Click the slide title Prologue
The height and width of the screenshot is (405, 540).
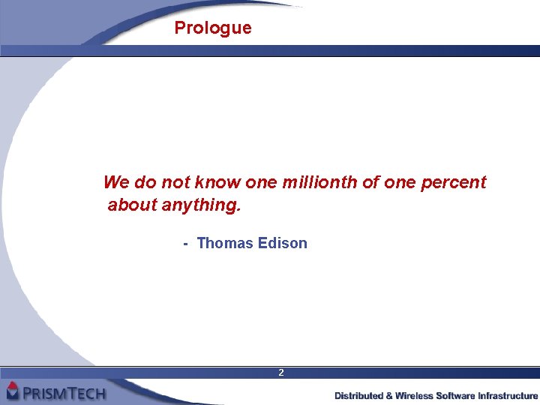213,28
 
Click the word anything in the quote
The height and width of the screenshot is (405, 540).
201,205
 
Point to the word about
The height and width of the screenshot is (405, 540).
132,205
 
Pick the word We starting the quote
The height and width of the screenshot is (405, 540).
115,182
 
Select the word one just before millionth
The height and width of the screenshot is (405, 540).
261,182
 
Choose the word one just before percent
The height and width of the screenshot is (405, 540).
400,182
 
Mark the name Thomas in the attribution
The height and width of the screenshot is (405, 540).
224,244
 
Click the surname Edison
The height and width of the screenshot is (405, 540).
282,244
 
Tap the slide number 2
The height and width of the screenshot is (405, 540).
281,373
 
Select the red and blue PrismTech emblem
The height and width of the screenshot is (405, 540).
13,391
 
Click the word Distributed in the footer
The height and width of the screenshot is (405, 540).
358,395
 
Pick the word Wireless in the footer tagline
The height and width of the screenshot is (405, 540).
415,395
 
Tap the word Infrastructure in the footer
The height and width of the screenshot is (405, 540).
508,395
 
